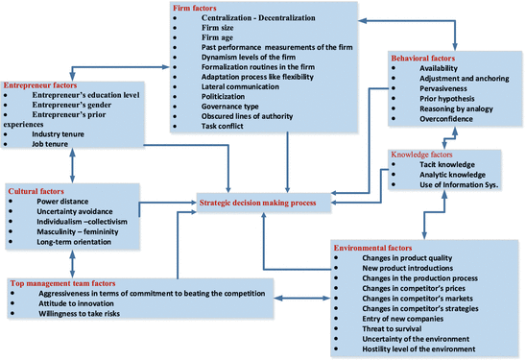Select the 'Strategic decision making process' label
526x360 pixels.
(255, 203)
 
